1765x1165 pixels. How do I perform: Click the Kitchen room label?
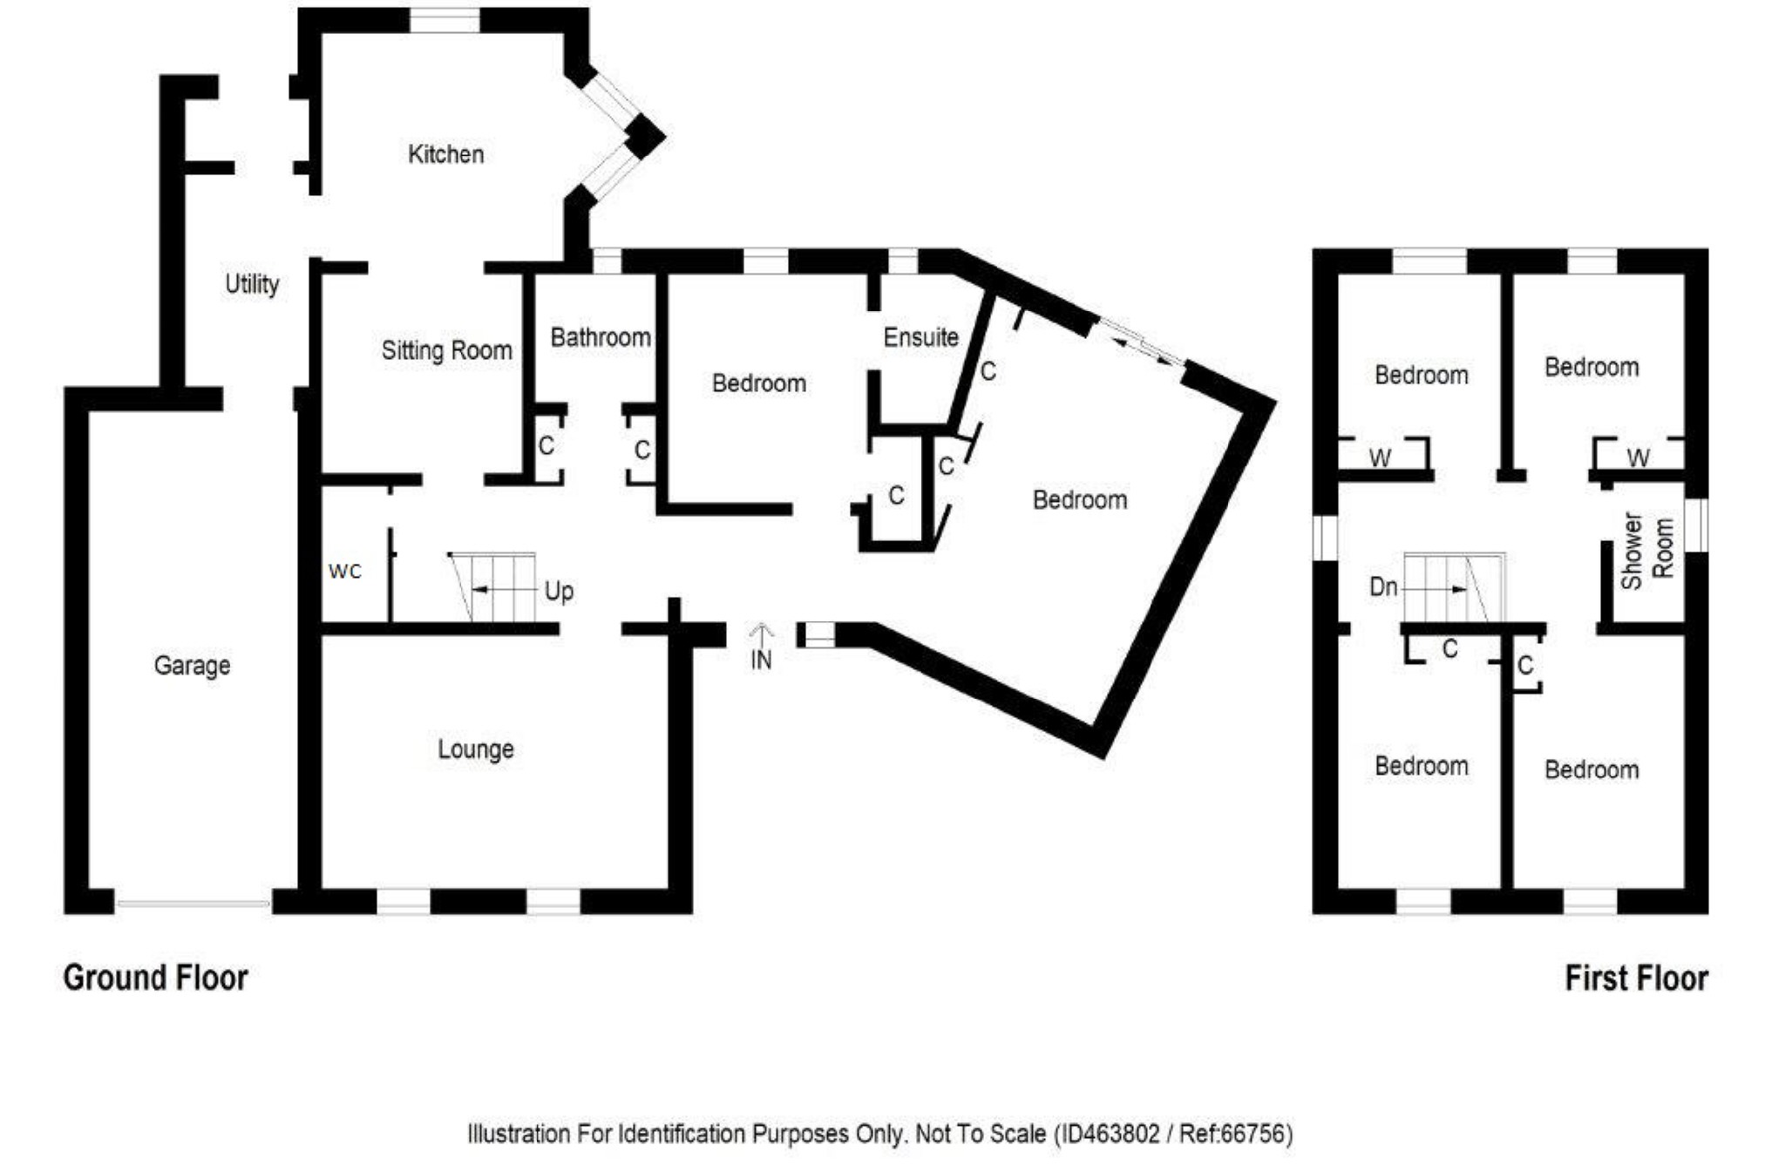pos(445,154)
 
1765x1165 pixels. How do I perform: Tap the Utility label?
pos(252,284)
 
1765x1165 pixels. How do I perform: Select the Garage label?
pos(192,666)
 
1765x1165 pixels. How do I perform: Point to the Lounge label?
pos(475,749)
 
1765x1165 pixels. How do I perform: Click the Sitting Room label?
pos(446,350)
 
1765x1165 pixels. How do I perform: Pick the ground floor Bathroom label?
pos(600,337)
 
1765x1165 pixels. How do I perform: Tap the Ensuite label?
pos(920,337)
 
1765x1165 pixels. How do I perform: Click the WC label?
pos(345,572)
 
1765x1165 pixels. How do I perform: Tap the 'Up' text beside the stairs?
pos(559,592)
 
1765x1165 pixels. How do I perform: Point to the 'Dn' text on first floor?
pos(1383,587)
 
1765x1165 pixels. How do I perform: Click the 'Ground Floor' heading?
pos(155,978)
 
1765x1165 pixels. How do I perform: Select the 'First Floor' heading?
pos(1636,978)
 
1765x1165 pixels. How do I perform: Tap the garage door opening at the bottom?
pos(193,904)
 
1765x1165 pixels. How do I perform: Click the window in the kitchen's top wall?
pos(444,20)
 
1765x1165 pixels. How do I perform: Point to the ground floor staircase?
pos(493,587)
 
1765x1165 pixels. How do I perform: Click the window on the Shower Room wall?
pos(1695,525)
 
